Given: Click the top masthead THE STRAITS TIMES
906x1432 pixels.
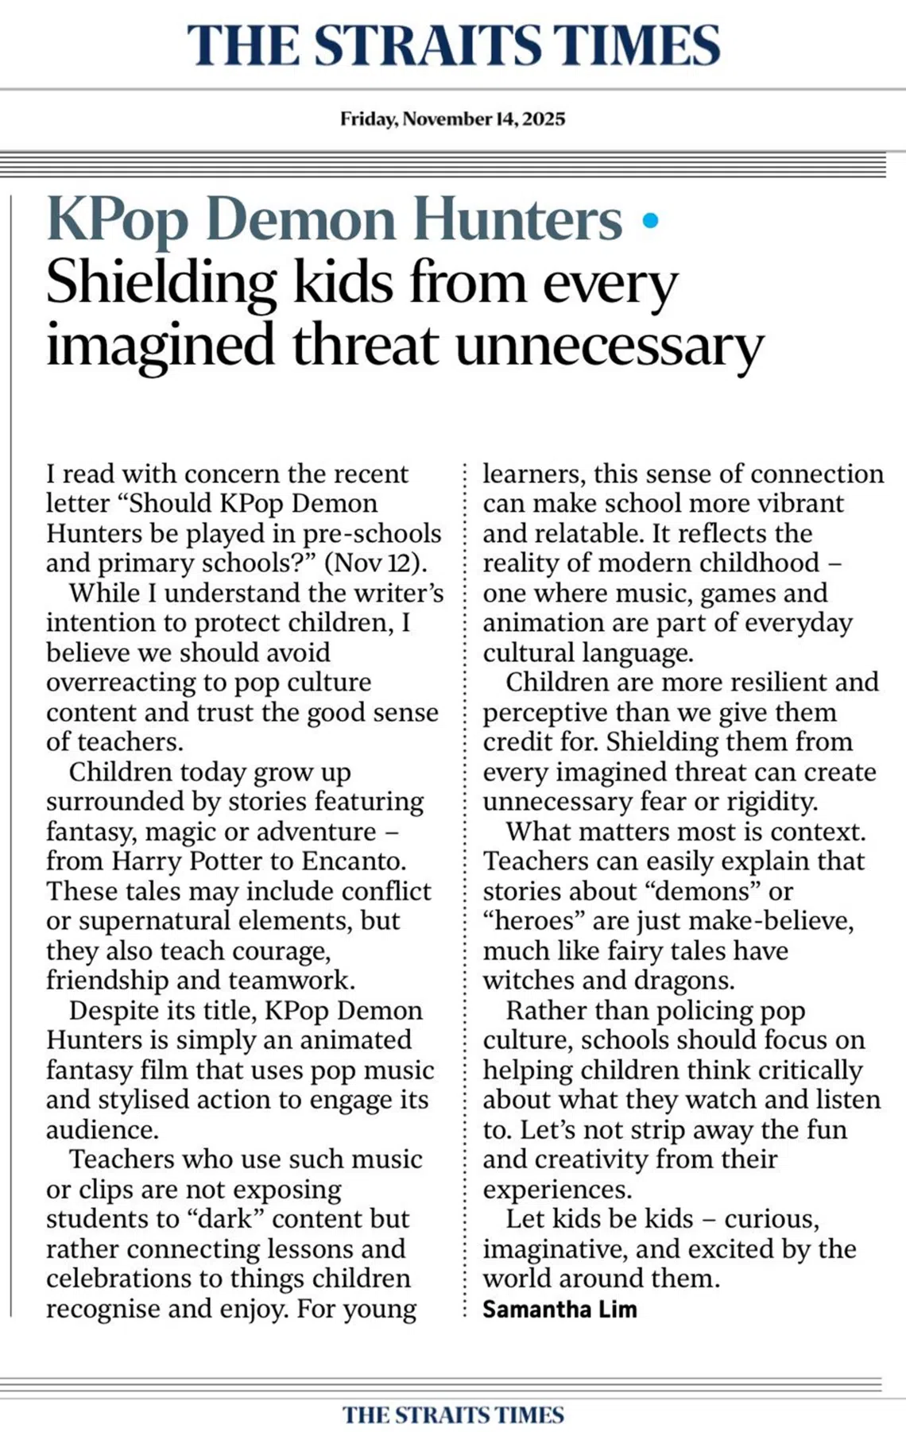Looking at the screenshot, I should click(x=453, y=45).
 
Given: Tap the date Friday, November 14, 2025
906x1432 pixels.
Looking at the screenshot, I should click(x=453, y=119).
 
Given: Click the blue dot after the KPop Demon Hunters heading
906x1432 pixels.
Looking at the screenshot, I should click(x=650, y=221).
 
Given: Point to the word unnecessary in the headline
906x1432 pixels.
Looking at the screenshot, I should click(x=609, y=346).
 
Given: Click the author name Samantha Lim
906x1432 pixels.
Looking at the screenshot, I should click(x=559, y=1309).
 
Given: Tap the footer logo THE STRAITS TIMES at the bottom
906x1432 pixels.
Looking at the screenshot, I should click(x=453, y=1415).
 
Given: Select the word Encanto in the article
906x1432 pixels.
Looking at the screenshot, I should click(x=353, y=861).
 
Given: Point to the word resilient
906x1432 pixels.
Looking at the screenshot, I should click(x=762, y=682).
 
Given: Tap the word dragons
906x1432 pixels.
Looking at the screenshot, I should click(x=685, y=981).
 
